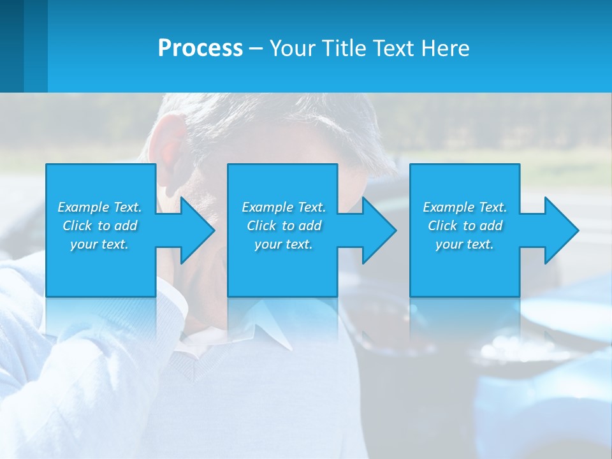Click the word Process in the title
pos(200,48)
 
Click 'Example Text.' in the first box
pos(99,207)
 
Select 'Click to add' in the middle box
pos(284,226)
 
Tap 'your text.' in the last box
pos(464,244)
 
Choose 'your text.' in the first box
pos(99,244)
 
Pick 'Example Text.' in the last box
pos(464,207)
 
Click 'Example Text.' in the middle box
pos(284,207)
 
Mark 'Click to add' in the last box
pos(464,226)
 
